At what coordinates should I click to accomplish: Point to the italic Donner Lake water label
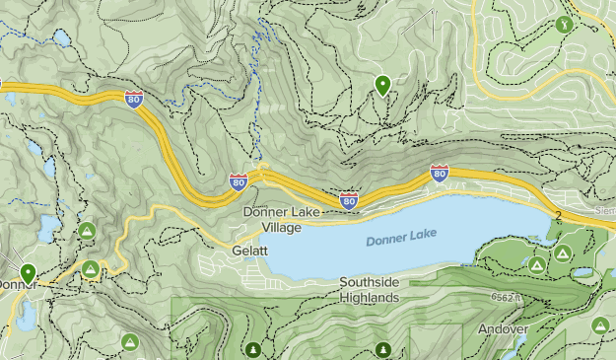400,238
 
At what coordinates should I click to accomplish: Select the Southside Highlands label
370,289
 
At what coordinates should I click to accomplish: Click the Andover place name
504,328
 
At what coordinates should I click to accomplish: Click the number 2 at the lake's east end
557,216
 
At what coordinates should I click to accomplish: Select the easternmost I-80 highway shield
440,175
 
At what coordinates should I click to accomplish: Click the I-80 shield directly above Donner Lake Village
239,181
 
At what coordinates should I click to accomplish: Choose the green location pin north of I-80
382,86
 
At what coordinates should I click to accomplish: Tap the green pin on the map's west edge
28,273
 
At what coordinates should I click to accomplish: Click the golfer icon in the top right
564,23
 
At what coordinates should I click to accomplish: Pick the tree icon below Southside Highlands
382,349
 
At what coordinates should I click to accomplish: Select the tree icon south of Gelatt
253,349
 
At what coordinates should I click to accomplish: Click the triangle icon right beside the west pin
91,268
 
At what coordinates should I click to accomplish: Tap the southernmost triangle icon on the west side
129,341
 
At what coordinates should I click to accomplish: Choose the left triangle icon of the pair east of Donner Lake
536,264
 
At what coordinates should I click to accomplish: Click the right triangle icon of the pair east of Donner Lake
561,254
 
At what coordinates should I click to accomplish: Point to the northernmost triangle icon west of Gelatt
86,231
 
